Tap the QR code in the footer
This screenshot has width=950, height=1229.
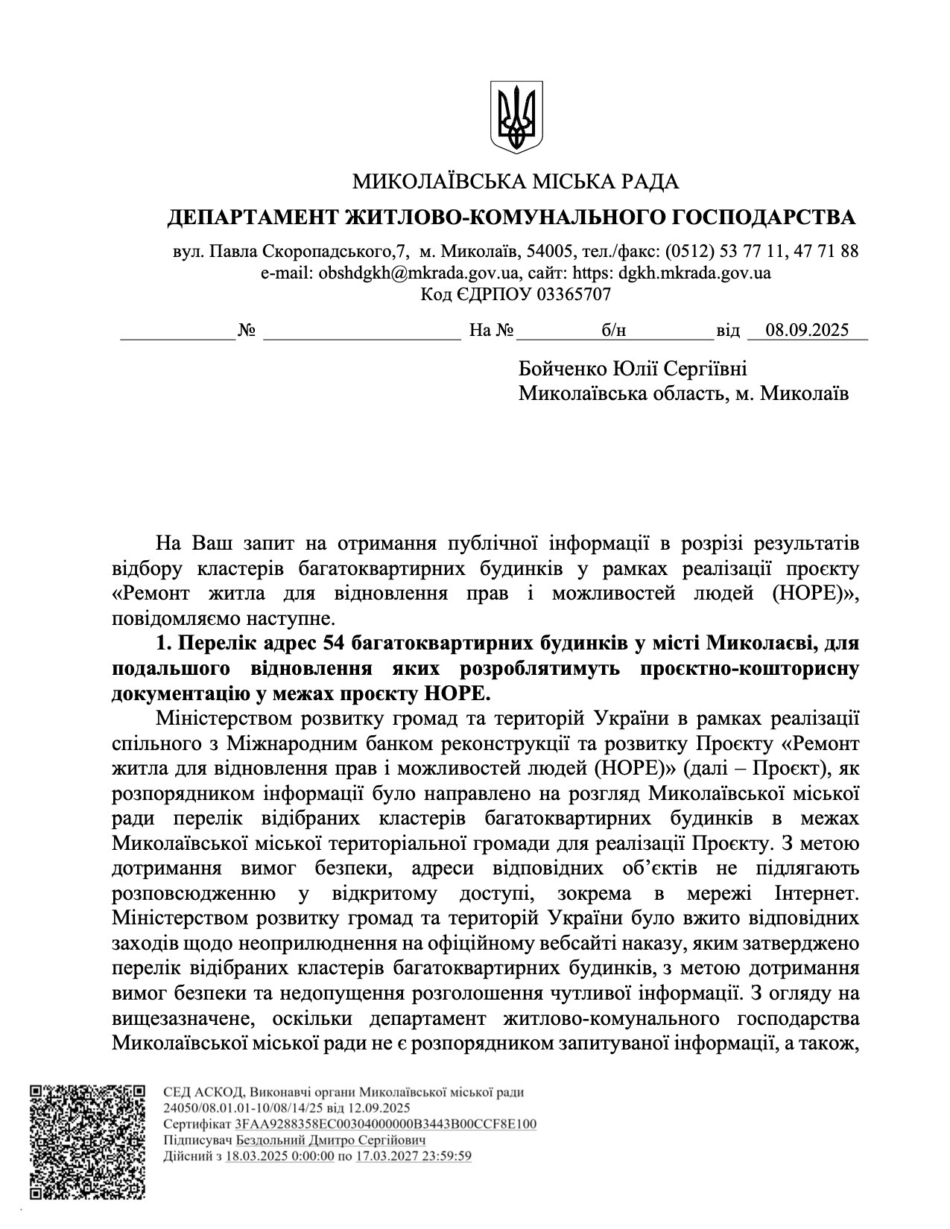87,1142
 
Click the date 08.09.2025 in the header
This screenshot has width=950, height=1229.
807,330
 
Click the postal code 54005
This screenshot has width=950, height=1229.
550,251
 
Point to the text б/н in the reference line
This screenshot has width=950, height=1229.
614,330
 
